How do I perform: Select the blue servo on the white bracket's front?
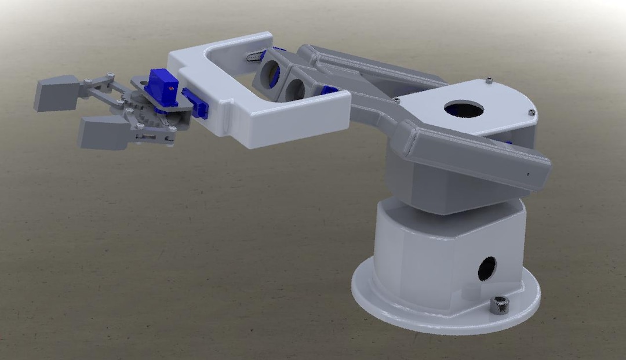coord(195,103)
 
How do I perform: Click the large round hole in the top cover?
coord(464,108)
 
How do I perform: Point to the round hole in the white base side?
coord(486,268)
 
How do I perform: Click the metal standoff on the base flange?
coord(498,304)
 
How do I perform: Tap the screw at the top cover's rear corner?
coord(489,80)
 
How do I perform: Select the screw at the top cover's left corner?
coord(396,101)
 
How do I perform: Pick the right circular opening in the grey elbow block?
coord(295,88)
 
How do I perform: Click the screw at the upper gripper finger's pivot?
coord(86,81)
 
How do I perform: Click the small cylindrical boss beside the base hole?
coord(467,292)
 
